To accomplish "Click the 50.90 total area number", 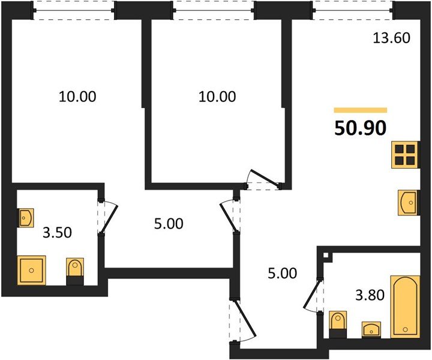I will (x=360, y=127).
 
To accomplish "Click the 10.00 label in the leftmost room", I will (x=77, y=96).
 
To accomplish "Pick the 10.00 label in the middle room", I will (x=217, y=96).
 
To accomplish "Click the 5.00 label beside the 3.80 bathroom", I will (x=282, y=274).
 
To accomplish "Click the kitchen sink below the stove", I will (x=408, y=202).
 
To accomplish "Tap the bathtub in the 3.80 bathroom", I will (x=405, y=306).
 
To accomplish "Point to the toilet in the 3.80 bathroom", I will (x=338, y=320).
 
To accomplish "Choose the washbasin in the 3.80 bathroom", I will (x=373, y=329).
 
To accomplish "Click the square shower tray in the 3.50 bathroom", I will (x=32, y=270).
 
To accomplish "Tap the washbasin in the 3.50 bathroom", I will (x=26, y=217).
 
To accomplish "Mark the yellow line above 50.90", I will (x=360, y=110).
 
